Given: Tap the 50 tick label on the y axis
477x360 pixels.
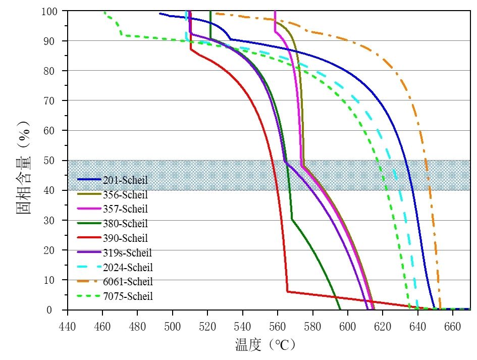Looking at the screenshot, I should pyautogui.click(x=54, y=161).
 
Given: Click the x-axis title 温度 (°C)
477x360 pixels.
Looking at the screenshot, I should pyautogui.click(x=264, y=345).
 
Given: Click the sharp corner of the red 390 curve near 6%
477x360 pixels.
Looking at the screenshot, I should pyautogui.click(x=287, y=291).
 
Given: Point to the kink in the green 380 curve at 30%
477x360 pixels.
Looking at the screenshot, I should pyautogui.click(x=292, y=220).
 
